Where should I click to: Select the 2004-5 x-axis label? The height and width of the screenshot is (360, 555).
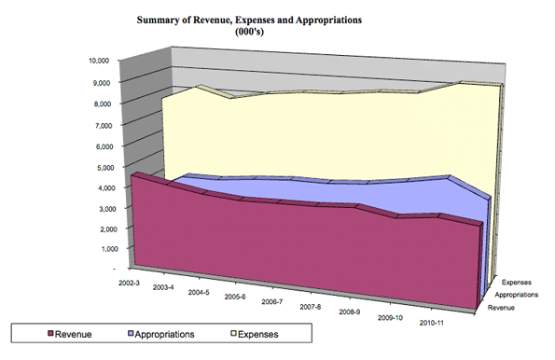coord(198,292)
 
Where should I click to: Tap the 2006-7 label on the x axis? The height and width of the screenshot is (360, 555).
coord(272,301)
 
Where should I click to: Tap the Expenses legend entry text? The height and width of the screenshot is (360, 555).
coord(258,333)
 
